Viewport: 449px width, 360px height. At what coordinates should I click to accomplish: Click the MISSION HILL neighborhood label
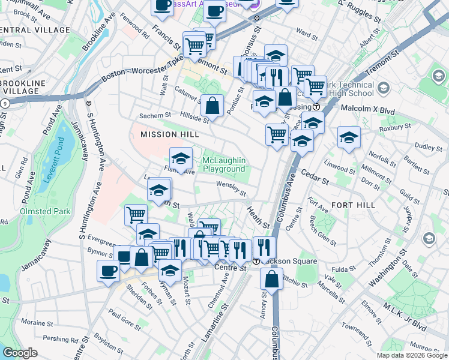[165, 134]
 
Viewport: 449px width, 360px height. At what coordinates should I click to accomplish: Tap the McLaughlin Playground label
[224, 165]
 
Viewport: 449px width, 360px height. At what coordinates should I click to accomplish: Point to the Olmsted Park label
[46, 211]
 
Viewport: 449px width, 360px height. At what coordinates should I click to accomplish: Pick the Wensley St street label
[231, 189]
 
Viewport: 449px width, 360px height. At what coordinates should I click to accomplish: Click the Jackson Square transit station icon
[256, 262]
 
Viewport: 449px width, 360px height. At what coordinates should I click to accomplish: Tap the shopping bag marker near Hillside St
[212, 106]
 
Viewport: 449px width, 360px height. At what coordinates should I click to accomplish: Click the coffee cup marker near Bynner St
[108, 271]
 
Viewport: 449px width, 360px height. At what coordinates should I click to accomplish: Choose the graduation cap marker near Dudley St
[349, 137]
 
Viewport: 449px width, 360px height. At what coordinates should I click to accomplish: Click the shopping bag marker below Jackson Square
[272, 279]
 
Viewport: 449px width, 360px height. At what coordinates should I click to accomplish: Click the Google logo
[20, 353]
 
